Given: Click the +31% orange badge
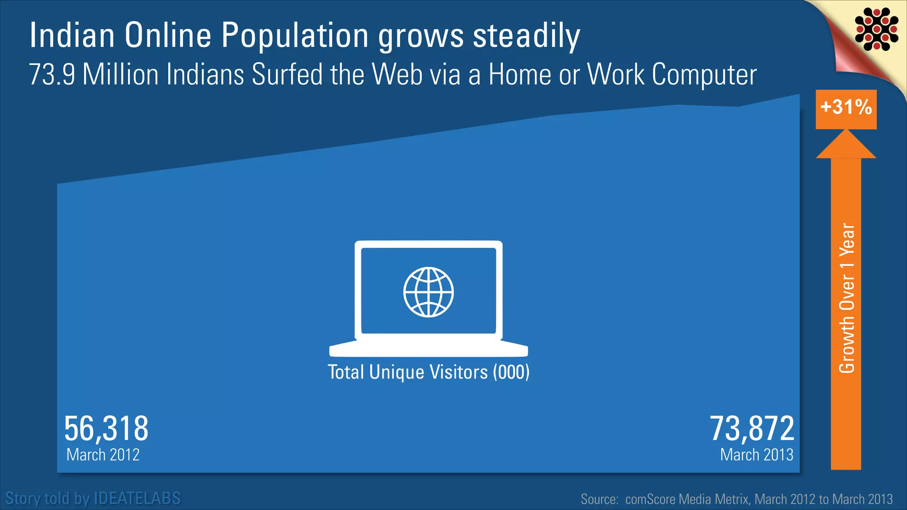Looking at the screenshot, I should pos(846,108).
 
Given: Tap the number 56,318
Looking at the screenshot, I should pos(106,429).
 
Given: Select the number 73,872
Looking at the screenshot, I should pos(752,429).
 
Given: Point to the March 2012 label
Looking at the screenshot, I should pos(103,455).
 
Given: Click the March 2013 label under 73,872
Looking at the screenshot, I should pos(756,455).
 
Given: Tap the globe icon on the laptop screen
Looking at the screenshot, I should pos(428,292).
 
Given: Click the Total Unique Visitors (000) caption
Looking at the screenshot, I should pos(428,372).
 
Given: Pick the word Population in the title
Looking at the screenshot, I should pos(295,35).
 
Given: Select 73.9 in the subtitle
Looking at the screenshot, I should pos(52,74).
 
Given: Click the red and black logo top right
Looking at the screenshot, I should pos(876,29).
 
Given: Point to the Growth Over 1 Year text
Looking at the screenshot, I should pos(847,298).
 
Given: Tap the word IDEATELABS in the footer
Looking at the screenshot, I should pos(137,498).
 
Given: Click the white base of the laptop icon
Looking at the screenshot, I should pos(428,349).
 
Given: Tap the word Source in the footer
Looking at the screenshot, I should pos(599,499).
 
